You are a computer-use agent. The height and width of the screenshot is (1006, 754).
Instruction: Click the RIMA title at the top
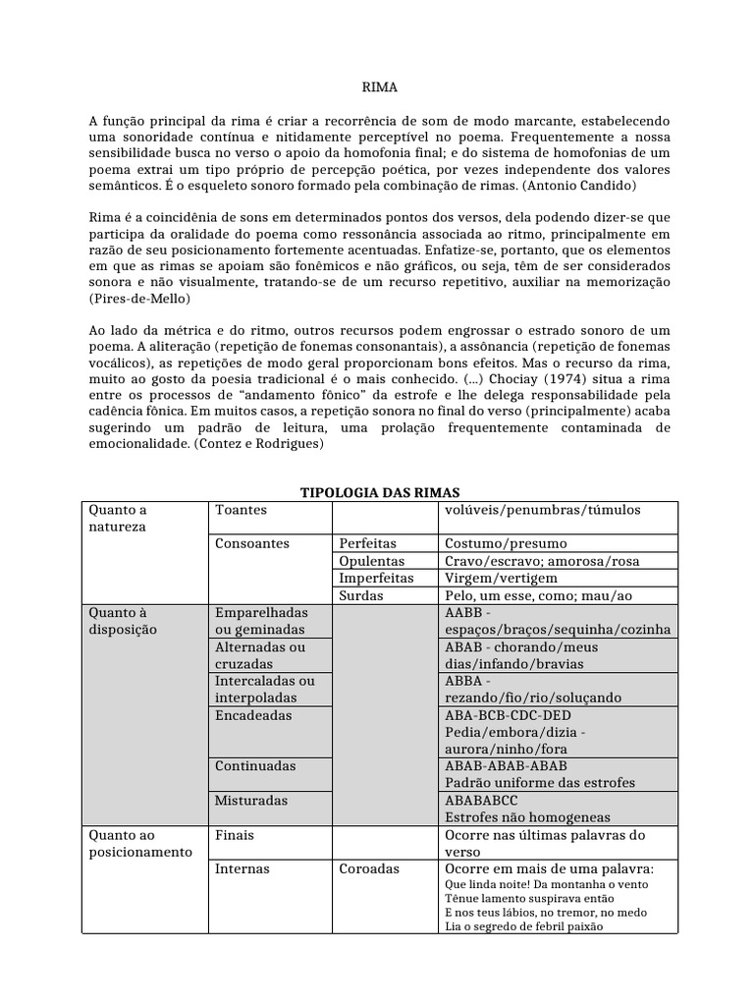pos(378,87)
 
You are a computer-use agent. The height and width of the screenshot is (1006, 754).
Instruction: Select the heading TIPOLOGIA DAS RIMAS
pos(379,492)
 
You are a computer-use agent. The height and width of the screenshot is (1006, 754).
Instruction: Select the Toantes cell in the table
pos(241,511)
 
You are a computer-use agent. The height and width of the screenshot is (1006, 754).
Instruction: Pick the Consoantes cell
pos(252,543)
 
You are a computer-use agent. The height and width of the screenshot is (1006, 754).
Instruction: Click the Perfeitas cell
pos(367,543)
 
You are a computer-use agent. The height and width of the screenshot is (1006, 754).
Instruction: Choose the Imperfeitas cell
pos(376,579)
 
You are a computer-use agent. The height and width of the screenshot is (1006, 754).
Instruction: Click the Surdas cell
pos(360,596)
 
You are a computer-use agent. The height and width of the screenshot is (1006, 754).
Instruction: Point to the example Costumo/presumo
pos(506,543)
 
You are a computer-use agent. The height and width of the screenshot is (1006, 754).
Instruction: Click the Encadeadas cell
pos(253,716)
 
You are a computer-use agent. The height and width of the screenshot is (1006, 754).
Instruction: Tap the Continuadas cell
pos(255,766)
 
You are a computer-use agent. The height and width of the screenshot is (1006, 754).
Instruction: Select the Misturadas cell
pos(251,801)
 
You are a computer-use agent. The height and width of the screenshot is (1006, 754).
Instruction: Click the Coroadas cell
pos(369,869)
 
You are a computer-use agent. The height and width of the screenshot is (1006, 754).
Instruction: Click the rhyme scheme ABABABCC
pos(486,801)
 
